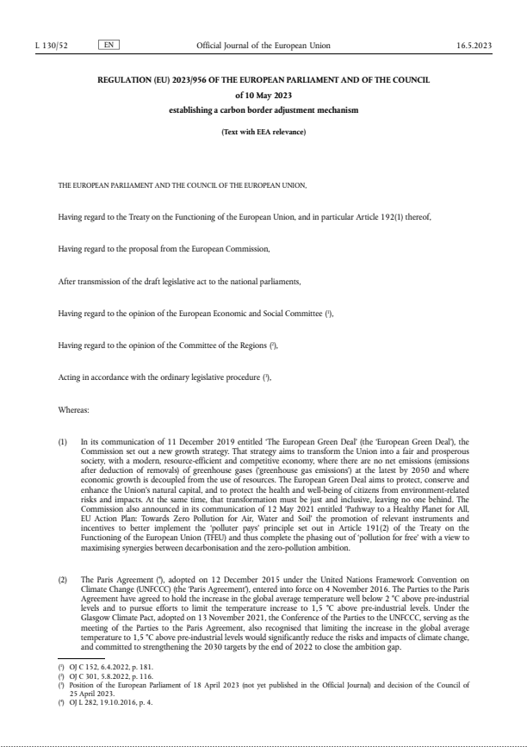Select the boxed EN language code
coord(109,43)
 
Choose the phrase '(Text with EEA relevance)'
coord(263,132)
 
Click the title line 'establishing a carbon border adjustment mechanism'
coord(263,111)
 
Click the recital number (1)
coord(62,441)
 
